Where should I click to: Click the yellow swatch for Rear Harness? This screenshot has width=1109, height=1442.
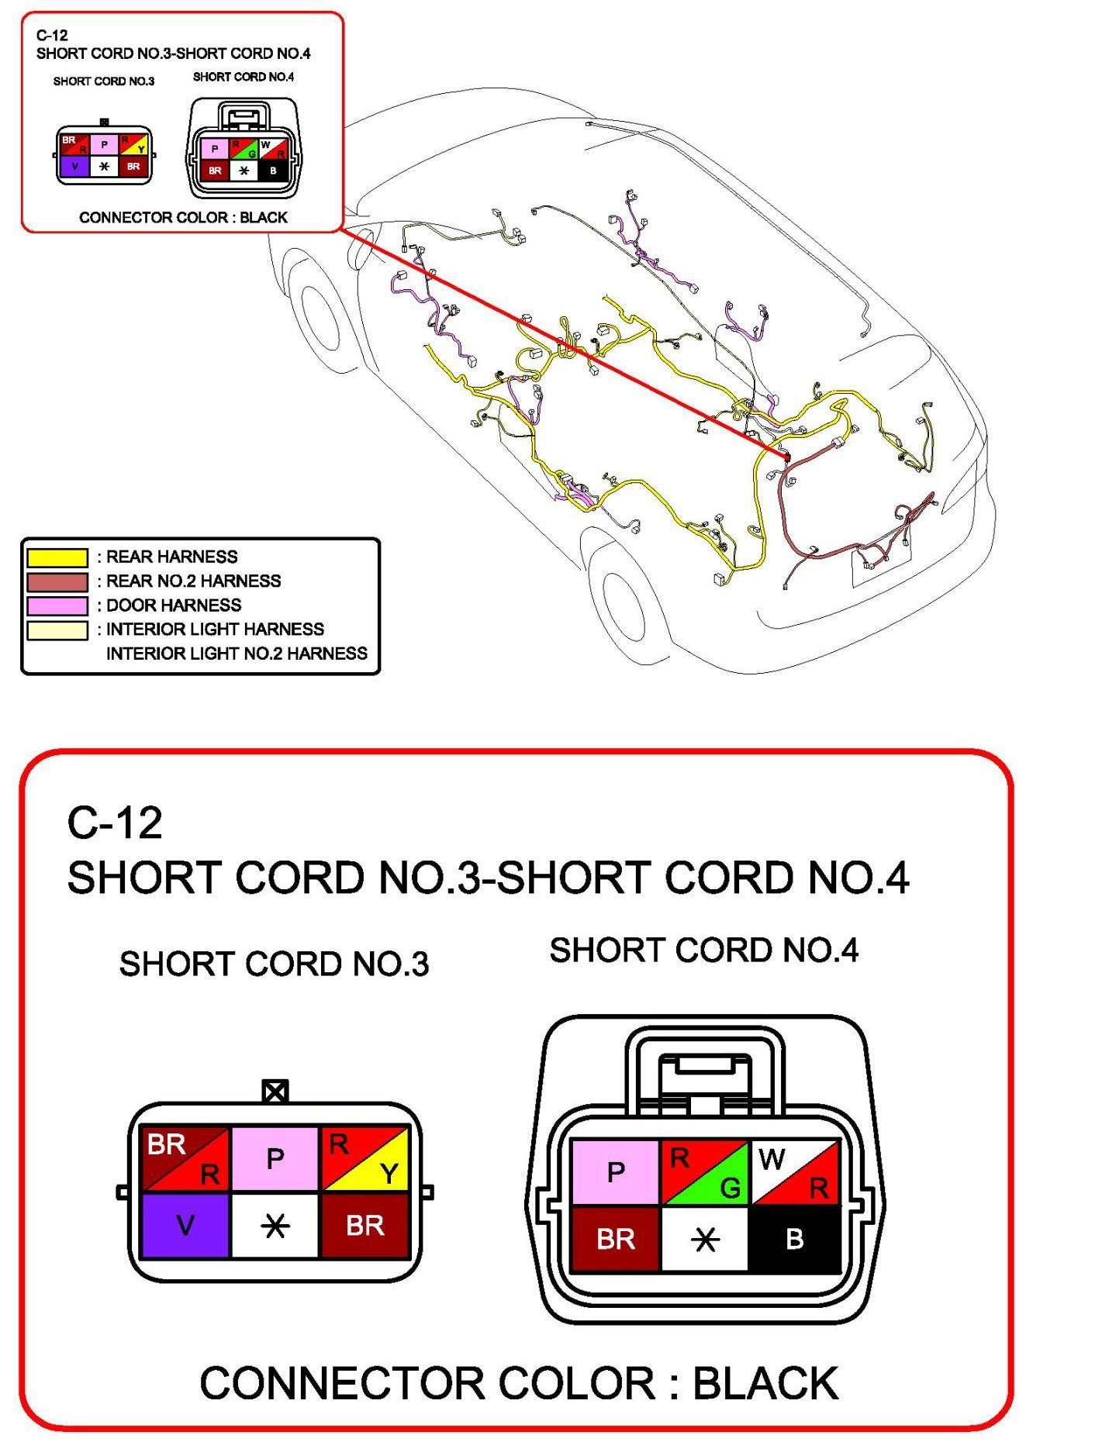point(57,557)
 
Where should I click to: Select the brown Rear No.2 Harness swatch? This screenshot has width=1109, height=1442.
point(57,581)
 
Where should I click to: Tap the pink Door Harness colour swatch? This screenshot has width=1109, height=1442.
point(57,605)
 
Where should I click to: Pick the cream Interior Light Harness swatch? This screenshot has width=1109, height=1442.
point(57,630)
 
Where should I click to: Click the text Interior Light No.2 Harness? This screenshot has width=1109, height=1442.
point(237,654)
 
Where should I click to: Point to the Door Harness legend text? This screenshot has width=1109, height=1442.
point(173,605)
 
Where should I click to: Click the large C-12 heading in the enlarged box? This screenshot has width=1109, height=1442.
point(115,823)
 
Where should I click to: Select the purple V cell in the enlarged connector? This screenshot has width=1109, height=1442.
point(185,1225)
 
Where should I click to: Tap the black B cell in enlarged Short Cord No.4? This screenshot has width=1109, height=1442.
point(794,1239)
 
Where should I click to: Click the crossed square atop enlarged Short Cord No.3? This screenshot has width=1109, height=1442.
point(275,1092)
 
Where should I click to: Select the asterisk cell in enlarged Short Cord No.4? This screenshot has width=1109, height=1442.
point(704,1239)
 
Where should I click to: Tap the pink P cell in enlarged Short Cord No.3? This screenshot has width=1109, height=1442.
point(275,1158)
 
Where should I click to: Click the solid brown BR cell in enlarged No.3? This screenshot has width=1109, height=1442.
point(364,1225)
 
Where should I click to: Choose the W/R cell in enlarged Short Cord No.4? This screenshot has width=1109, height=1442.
point(794,1171)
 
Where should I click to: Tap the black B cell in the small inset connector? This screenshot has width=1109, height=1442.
point(273,171)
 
